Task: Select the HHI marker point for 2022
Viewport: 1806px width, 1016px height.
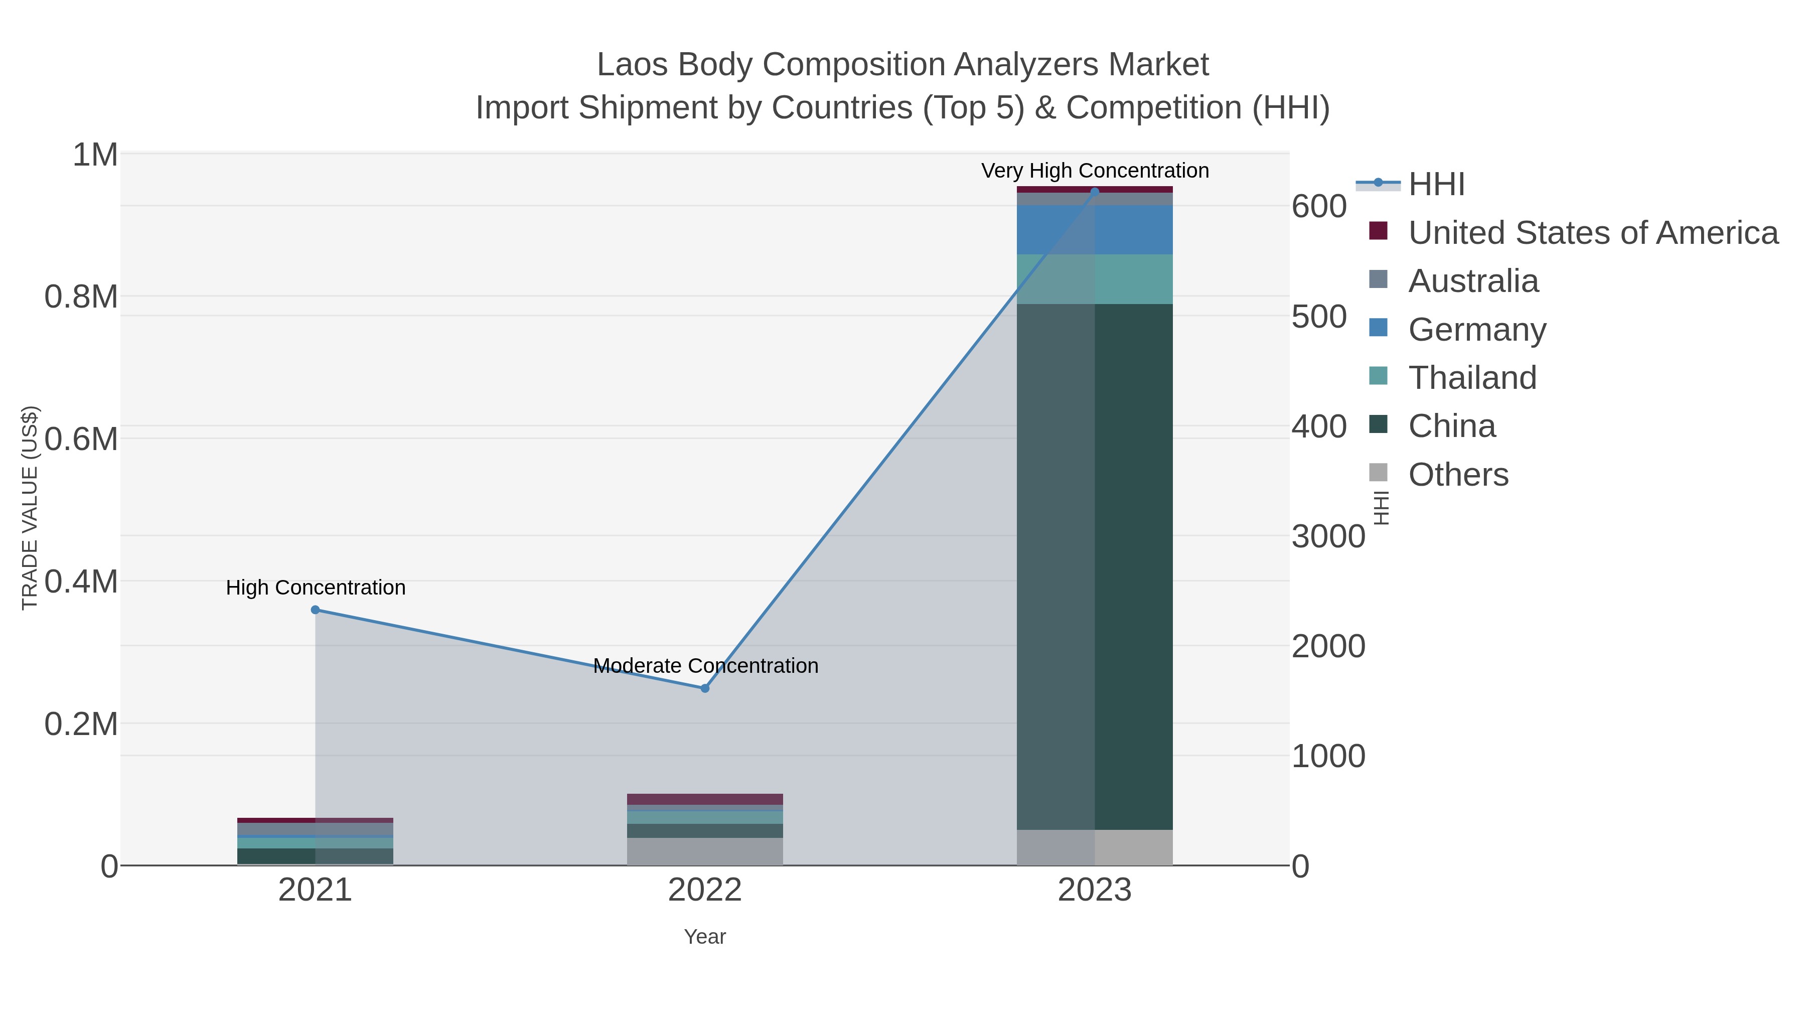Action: tap(705, 688)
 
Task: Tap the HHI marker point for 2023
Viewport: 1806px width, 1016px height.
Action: tap(1095, 192)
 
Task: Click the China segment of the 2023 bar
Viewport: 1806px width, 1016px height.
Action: tap(1095, 566)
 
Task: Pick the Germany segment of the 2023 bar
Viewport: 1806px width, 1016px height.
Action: tap(1095, 230)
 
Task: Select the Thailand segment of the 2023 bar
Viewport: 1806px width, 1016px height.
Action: tap(1095, 279)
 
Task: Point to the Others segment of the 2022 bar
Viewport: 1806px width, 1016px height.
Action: tap(705, 851)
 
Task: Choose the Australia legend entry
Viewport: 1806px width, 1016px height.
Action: tap(1473, 281)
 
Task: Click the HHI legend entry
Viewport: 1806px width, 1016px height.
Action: tap(1436, 185)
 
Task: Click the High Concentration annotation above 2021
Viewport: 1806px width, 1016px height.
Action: tap(316, 588)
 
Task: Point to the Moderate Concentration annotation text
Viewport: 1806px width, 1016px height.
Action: tap(705, 665)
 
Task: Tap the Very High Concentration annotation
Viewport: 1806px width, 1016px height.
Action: tap(1095, 171)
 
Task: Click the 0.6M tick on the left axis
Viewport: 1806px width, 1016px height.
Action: tap(81, 440)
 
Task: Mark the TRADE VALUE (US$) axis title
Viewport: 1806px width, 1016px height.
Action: tap(30, 508)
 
